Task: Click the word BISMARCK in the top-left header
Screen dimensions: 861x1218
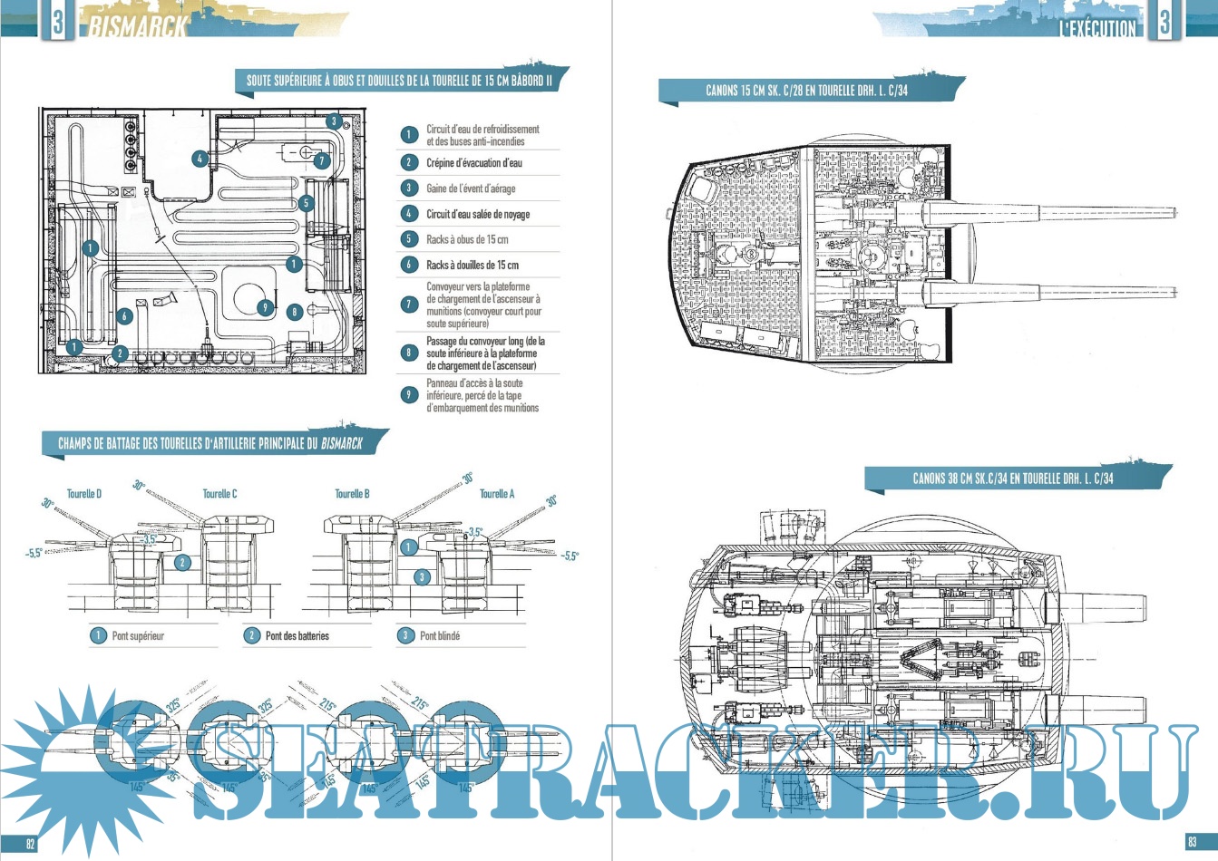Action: [138, 26]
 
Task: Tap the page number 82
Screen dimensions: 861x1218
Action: [30, 844]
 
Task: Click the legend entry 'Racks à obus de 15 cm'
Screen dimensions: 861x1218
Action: [466, 239]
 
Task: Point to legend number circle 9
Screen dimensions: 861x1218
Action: [409, 395]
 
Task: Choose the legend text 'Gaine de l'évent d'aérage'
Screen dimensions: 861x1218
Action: [470, 189]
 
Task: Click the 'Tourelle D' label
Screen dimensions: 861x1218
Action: [84, 494]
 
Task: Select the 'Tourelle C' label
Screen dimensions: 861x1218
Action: [219, 494]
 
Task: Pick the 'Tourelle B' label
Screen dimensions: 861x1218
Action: [352, 494]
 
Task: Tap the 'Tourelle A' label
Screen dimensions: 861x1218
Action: [497, 494]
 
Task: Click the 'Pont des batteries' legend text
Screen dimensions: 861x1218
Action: [297, 636]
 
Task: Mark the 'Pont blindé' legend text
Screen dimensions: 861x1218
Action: [440, 636]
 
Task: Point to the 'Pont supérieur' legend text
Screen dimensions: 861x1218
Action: [138, 636]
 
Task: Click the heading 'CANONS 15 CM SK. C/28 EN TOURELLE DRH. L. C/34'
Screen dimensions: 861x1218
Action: [806, 91]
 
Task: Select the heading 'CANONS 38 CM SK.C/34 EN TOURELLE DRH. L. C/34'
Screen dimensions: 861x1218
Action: [1012, 479]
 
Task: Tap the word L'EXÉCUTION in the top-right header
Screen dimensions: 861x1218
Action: [1097, 28]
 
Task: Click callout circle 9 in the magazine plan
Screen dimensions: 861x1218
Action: [264, 307]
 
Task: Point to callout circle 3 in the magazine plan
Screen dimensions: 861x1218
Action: [334, 121]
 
